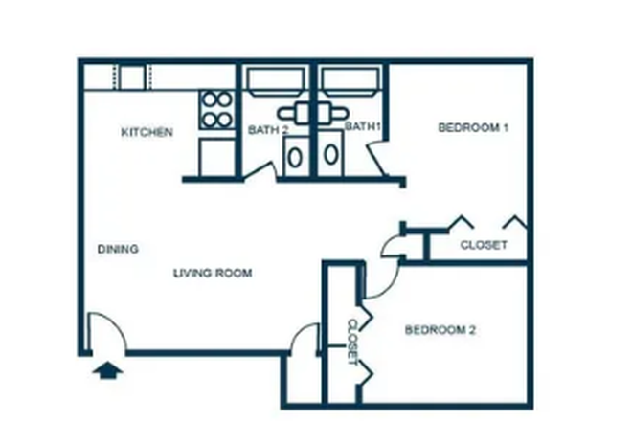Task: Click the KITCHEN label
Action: click(147, 132)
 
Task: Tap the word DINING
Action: click(118, 249)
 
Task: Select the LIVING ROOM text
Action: click(213, 274)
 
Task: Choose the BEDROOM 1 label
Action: click(472, 127)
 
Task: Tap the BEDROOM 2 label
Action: click(440, 330)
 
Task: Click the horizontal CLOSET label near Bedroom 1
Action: click(484, 245)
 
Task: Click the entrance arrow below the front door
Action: click(109, 368)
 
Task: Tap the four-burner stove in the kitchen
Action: click(217, 108)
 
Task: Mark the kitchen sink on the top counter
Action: click(132, 77)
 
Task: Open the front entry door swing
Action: click(106, 335)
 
